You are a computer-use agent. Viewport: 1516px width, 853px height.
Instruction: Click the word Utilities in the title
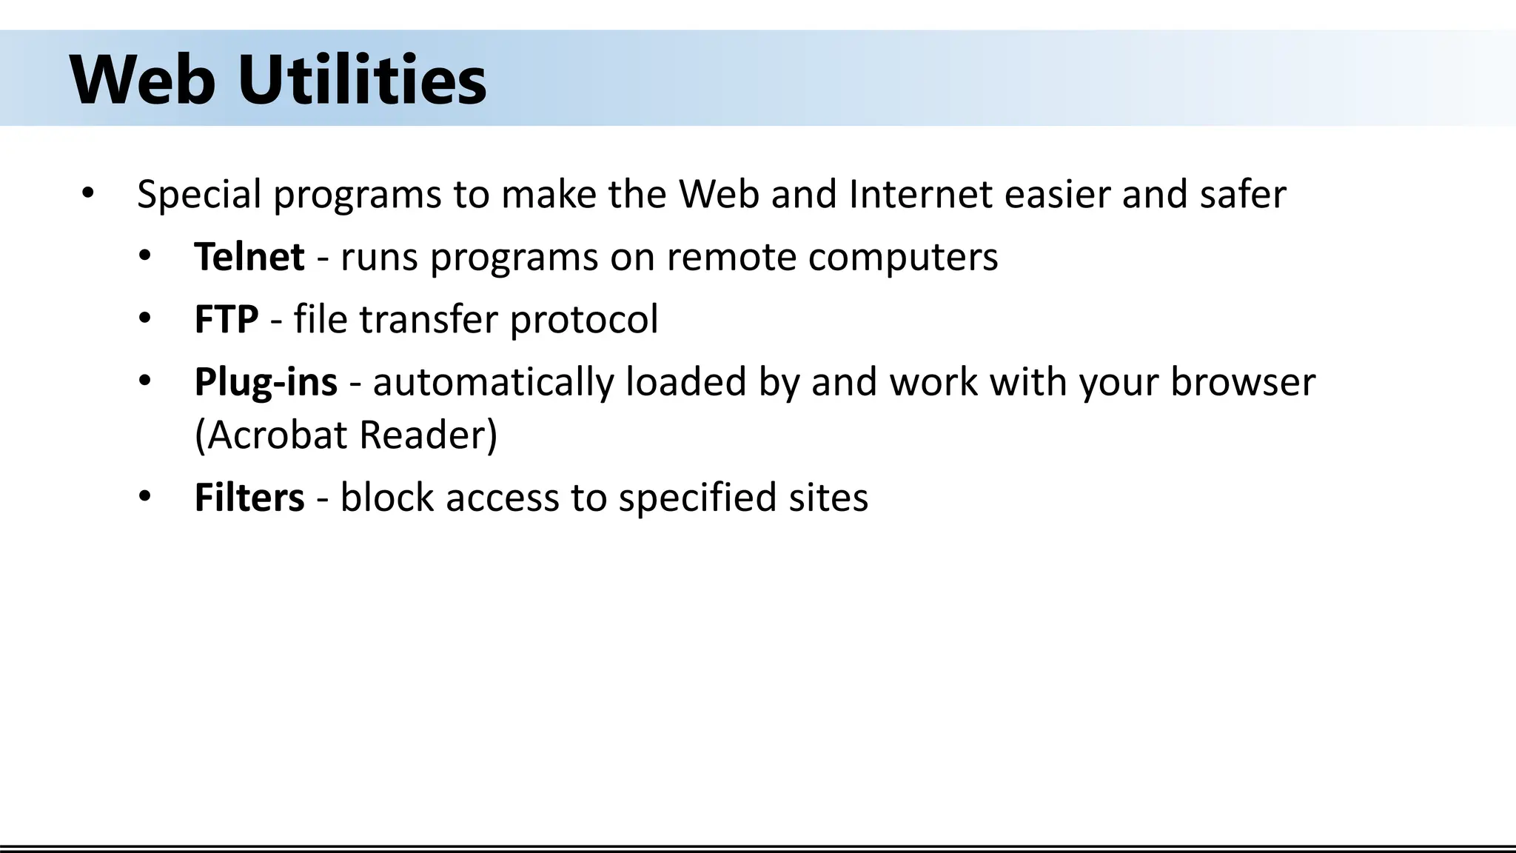pyautogui.click(x=362, y=80)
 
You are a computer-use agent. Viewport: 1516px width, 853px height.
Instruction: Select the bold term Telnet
pyautogui.click(x=249, y=257)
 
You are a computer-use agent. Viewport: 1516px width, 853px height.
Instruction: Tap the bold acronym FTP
pyautogui.click(x=227, y=319)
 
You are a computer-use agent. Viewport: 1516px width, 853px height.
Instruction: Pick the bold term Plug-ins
pyautogui.click(x=266, y=383)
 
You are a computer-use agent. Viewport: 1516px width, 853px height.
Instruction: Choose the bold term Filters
pyautogui.click(x=249, y=497)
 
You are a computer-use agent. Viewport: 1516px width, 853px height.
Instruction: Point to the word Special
pyautogui.click(x=199, y=195)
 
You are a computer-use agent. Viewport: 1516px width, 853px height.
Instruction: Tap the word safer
pyautogui.click(x=1243, y=194)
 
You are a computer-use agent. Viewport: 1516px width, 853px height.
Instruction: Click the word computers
pyautogui.click(x=903, y=258)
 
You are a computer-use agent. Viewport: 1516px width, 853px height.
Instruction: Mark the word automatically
pyautogui.click(x=493, y=383)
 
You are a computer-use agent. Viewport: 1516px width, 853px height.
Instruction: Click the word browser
pyautogui.click(x=1243, y=382)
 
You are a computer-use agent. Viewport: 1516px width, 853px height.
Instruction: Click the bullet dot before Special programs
pyautogui.click(x=88, y=194)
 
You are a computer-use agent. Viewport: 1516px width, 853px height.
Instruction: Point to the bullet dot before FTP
pyautogui.click(x=144, y=319)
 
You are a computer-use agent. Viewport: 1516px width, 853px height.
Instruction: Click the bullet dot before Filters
pyautogui.click(x=144, y=496)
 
